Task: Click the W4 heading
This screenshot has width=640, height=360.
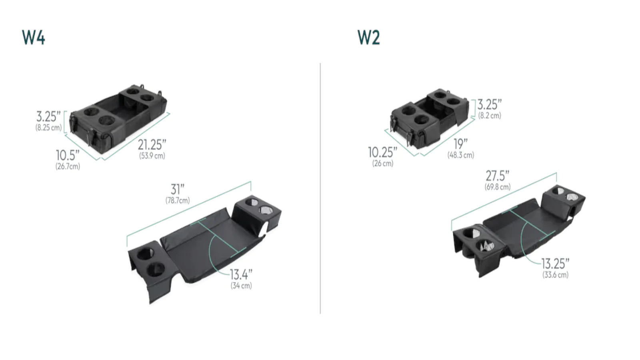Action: pyautogui.click(x=34, y=38)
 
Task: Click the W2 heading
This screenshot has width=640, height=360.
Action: pyautogui.click(x=369, y=38)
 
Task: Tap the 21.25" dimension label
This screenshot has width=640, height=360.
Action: pyautogui.click(x=152, y=145)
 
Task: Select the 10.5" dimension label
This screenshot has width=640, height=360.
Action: pyautogui.click(x=68, y=156)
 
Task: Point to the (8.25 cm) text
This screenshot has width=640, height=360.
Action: pyautogui.click(x=48, y=128)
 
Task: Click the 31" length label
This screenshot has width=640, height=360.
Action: pyautogui.click(x=178, y=189)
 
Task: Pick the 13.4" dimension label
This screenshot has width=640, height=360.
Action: pyautogui.click(x=241, y=274)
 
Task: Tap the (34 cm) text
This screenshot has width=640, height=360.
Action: pyautogui.click(x=241, y=286)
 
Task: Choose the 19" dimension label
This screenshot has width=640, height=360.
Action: pyautogui.click(x=460, y=144)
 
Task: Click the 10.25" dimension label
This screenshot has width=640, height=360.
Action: pyautogui.click(x=382, y=152)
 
